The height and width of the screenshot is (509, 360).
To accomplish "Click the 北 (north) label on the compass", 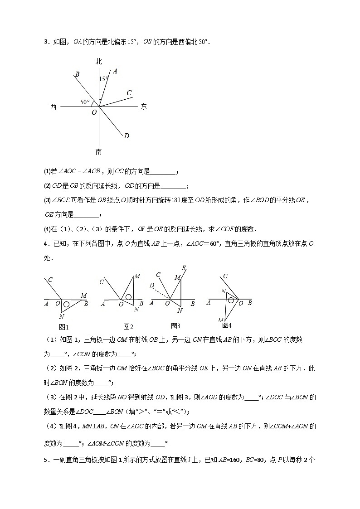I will click(99, 61).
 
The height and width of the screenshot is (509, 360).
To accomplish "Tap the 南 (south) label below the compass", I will click(99, 152).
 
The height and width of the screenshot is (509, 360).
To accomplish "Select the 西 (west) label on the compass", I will click(54, 107).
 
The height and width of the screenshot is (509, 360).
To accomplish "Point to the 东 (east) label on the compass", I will click(144, 107).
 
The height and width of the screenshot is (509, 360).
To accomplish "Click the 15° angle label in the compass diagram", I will click(104, 79).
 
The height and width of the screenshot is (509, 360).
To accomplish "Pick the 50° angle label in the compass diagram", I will click(85, 102).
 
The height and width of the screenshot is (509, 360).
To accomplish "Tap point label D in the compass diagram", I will click(126, 136).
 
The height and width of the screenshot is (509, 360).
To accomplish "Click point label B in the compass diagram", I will click(78, 74).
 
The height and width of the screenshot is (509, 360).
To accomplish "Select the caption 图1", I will click(64, 327).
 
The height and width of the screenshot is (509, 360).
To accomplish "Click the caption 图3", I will click(175, 325).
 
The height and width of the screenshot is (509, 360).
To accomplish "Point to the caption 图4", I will click(227, 325).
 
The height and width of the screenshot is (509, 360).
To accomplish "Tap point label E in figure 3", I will click(184, 268).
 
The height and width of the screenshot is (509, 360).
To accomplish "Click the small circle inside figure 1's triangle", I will click(66, 305).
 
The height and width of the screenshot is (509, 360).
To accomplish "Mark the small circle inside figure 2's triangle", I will click(129, 297).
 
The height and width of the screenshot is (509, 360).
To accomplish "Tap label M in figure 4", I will click(220, 320).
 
